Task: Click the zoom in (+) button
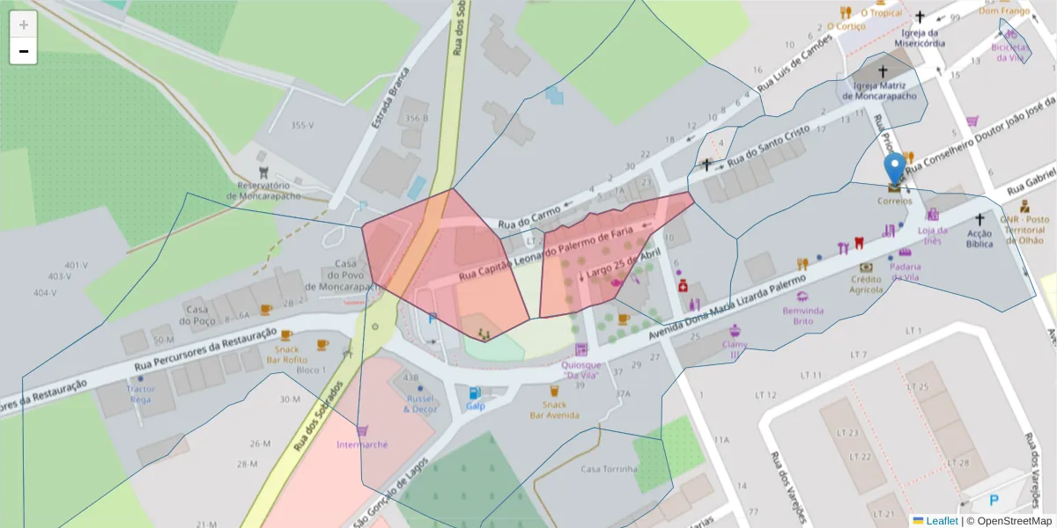coord(24,25)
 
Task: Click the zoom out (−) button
coord(24,51)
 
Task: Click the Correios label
coord(895,201)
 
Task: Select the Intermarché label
coord(362,444)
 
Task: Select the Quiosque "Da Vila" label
coord(580,370)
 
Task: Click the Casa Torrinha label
coord(609,469)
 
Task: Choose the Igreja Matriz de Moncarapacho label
coord(885,91)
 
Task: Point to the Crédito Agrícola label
coord(866,283)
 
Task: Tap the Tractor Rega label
coord(140,393)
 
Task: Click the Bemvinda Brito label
coord(802,316)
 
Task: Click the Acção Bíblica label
coord(979,238)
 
